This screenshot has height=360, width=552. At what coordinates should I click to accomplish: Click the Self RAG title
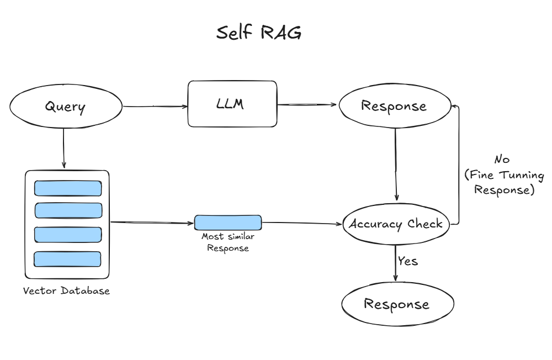(259, 33)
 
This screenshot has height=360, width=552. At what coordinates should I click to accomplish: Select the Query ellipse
(65, 107)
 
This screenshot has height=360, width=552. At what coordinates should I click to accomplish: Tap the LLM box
(232, 103)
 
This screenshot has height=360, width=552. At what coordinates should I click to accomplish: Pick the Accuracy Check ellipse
(395, 224)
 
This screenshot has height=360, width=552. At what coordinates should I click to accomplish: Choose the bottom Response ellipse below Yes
(397, 304)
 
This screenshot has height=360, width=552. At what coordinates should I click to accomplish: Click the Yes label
(408, 261)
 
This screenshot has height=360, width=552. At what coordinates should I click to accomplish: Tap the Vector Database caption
(66, 290)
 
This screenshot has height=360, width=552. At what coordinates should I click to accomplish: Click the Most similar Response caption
(227, 242)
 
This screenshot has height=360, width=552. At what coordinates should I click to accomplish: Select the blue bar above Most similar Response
(227, 223)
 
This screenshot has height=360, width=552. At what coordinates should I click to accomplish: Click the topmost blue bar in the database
(68, 188)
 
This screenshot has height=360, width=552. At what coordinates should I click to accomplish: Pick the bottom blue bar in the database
(67, 259)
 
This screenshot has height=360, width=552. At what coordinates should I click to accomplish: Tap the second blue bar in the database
(68, 210)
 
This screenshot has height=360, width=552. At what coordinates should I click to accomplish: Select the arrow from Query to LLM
(155, 106)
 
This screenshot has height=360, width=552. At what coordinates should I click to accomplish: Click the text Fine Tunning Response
(504, 183)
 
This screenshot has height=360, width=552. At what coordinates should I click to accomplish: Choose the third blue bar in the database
(68, 234)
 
